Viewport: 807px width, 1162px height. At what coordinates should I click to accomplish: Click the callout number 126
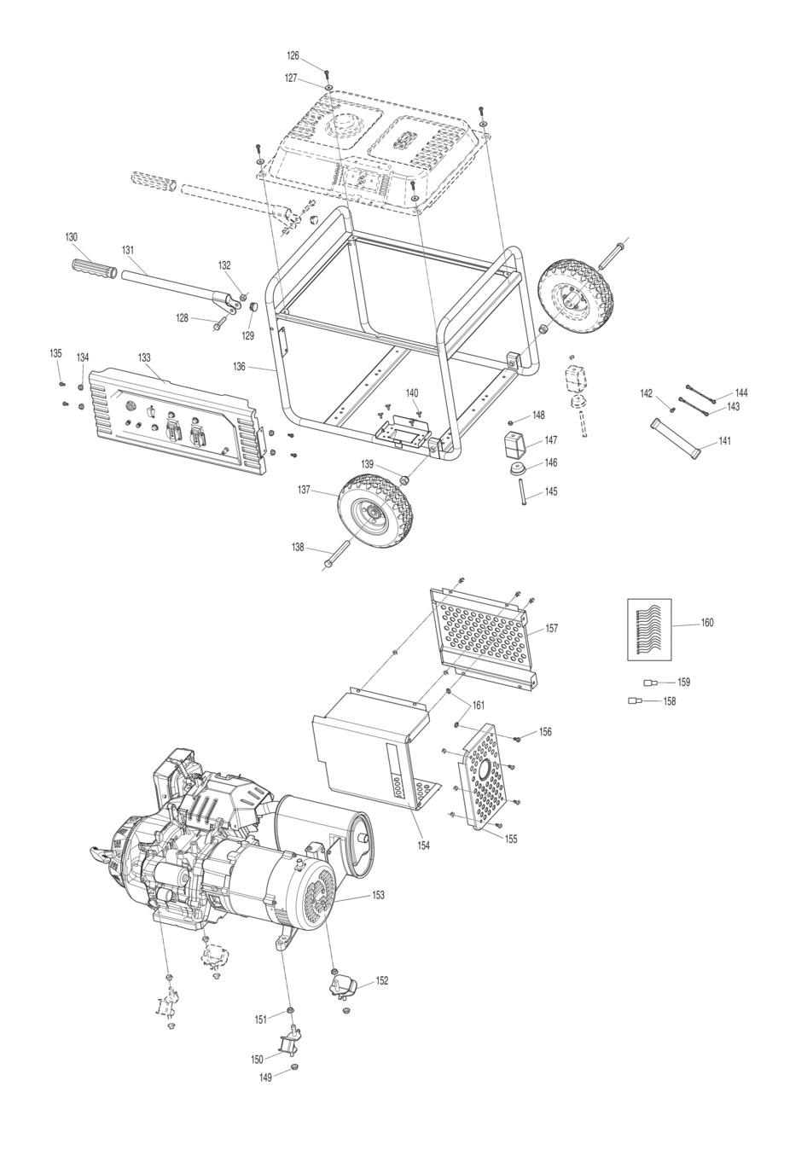pos(293,55)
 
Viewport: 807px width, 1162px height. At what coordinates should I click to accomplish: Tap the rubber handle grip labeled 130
pos(94,268)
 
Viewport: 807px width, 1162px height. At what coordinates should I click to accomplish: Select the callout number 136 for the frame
pos(239,367)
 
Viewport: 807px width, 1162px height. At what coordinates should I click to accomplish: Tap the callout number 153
pos(379,895)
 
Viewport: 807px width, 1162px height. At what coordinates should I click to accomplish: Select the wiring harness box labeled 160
pos(649,630)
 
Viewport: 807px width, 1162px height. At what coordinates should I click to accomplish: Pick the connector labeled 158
pos(634,701)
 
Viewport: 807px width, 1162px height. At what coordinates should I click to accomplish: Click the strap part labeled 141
pos(676,439)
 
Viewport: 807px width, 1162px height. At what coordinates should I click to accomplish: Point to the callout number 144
pos(741,392)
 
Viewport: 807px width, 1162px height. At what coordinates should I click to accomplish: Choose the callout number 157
pos(552,629)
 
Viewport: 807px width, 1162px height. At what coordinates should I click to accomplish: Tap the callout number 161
pos(479,706)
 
